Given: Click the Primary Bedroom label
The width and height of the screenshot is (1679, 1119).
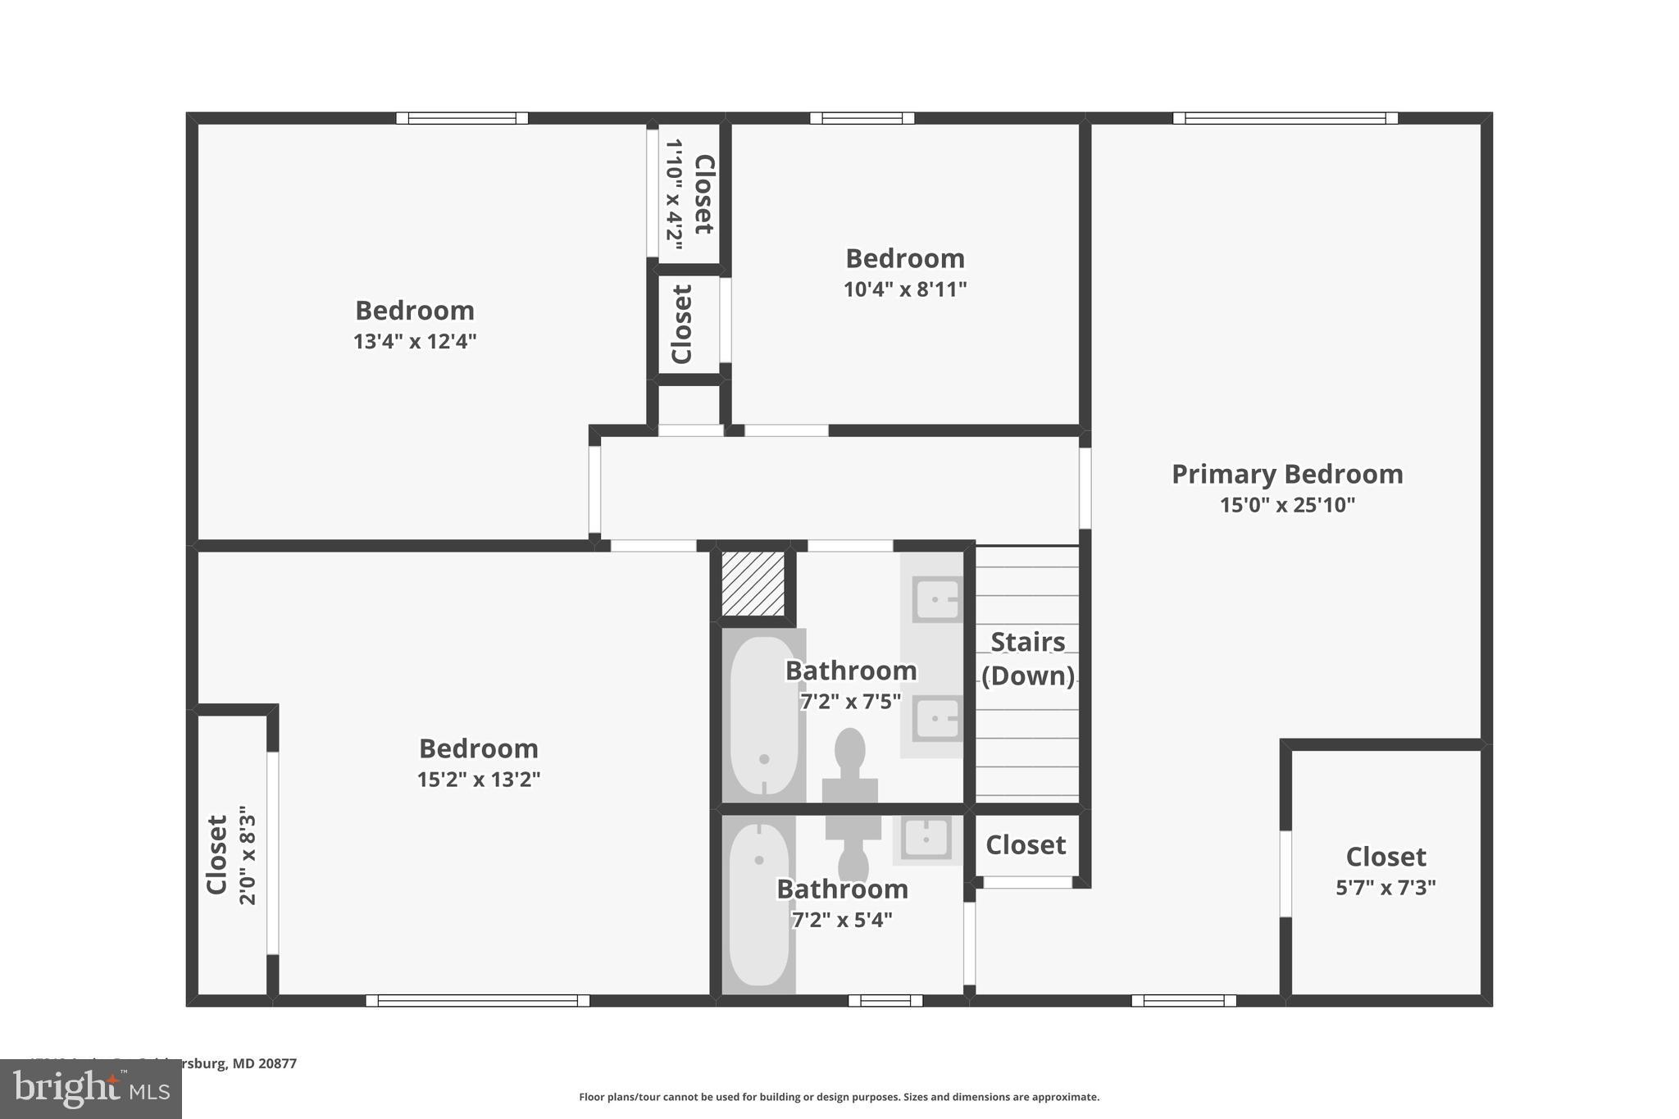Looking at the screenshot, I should pyautogui.click(x=1286, y=475).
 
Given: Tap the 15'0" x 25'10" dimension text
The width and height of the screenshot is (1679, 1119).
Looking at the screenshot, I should pyautogui.click(x=1287, y=505).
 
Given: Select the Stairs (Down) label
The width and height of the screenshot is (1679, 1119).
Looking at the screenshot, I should pyautogui.click(x=1028, y=659).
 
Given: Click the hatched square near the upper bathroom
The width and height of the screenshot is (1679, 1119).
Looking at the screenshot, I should pyautogui.click(x=753, y=584).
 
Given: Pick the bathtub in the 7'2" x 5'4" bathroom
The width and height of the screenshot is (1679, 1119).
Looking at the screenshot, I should pyautogui.click(x=758, y=905).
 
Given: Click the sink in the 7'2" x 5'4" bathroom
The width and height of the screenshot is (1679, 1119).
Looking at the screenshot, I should pyautogui.click(x=926, y=839).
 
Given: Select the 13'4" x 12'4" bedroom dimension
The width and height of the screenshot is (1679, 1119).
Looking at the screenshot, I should pyautogui.click(x=415, y=342).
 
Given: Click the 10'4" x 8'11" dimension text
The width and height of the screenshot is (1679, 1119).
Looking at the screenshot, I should pyautogui.click(x=905, y=289).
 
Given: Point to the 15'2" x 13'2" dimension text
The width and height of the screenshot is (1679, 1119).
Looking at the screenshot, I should pyautogui.click(x=479, y=780).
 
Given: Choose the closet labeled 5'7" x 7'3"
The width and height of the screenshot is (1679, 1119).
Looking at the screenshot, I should pyautogui.click(x=1386, y=871).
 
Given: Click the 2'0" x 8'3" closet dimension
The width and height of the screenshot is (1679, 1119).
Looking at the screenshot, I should pyautogui.click(x=248, y=855).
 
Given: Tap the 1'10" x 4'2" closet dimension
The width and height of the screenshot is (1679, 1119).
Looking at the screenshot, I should pyautogui.click(x=674, y=193).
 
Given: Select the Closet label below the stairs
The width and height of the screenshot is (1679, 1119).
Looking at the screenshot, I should pyautogui.click(x=1026, y=845).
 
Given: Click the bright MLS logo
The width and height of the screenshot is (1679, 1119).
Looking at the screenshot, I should pyautogui.click(x=91, y=1089).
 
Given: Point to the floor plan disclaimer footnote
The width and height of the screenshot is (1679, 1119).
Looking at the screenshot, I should pyautogui.click(x=839, y=1097).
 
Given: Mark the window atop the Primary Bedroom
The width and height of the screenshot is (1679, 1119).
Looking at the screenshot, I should pyautogui.click(x=1285, y=118).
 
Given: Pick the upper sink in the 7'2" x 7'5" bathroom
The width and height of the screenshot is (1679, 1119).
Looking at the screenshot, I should pyautogui.click(x=936, y=599).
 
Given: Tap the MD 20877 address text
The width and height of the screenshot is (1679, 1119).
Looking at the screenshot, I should pyautogui.click(x=264, y=1063).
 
